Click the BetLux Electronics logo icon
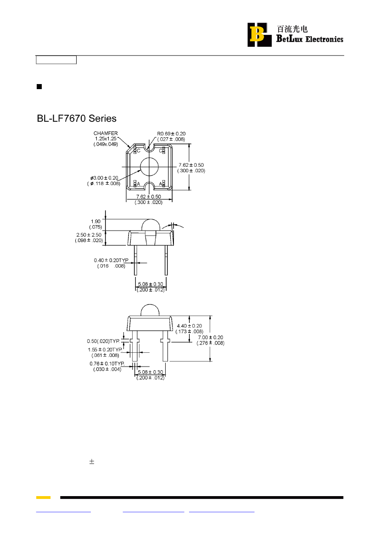pyautogui.click(x=259, y=34)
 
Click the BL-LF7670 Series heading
pyautogui.click(x=77, y=119)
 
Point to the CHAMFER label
pyautogui.click(x=106, y=133)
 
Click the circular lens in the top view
pyautogui.click(x=150, y=167)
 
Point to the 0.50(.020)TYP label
pyautogui.click(x=103, y=341)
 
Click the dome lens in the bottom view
pyautogui.click(x=150, y=310)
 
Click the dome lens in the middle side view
pyautogui.click(x=151, y=225)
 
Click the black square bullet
pyautogui.click(x=39, y=87)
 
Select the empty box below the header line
pyautogui.click(x=56, y=60)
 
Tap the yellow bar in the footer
pyautogui.click(x=44, y=497)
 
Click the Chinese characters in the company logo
pyautogui.click(x=292, y=29)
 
